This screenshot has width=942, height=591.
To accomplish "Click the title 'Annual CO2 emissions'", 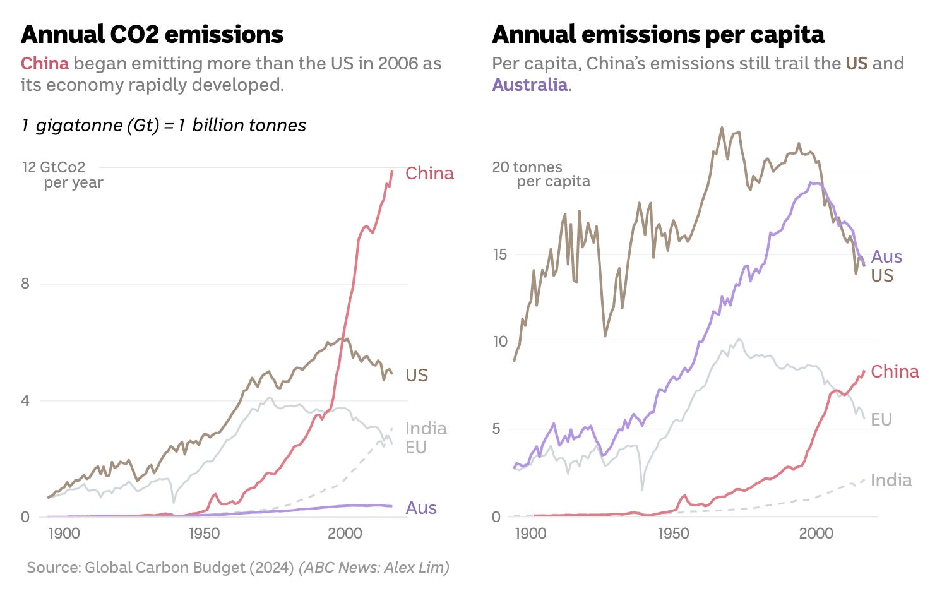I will coord(152,34).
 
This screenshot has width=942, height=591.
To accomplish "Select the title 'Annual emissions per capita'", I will coord(658,34).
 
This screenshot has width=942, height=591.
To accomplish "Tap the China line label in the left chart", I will coord(429,173).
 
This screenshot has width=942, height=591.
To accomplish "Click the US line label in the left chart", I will coord(417,375).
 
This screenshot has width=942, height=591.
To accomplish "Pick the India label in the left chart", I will coord(426,428).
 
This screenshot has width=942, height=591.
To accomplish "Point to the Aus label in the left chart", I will coord(421,508).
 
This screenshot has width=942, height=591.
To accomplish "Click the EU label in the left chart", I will coord(416,447).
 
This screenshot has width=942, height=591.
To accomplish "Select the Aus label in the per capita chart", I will coord(886,256).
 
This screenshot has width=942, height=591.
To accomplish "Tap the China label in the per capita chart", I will coord(895,371).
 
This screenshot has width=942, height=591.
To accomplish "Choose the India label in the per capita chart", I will coord(891,480).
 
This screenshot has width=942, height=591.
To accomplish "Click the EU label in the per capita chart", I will coord(881,419).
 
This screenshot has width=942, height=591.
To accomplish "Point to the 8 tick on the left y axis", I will coord(25,284).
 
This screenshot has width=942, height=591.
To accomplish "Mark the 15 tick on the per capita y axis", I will coord(499,254).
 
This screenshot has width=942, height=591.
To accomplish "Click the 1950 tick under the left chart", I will coord(204,534).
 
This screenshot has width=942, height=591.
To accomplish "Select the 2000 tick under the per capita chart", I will coord(816,534).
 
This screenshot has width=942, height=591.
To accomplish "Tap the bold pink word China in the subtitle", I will coord(45,63).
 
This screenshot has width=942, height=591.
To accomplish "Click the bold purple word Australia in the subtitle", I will coord(530,85).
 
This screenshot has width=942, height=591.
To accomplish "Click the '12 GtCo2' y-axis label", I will coord(54,167).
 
